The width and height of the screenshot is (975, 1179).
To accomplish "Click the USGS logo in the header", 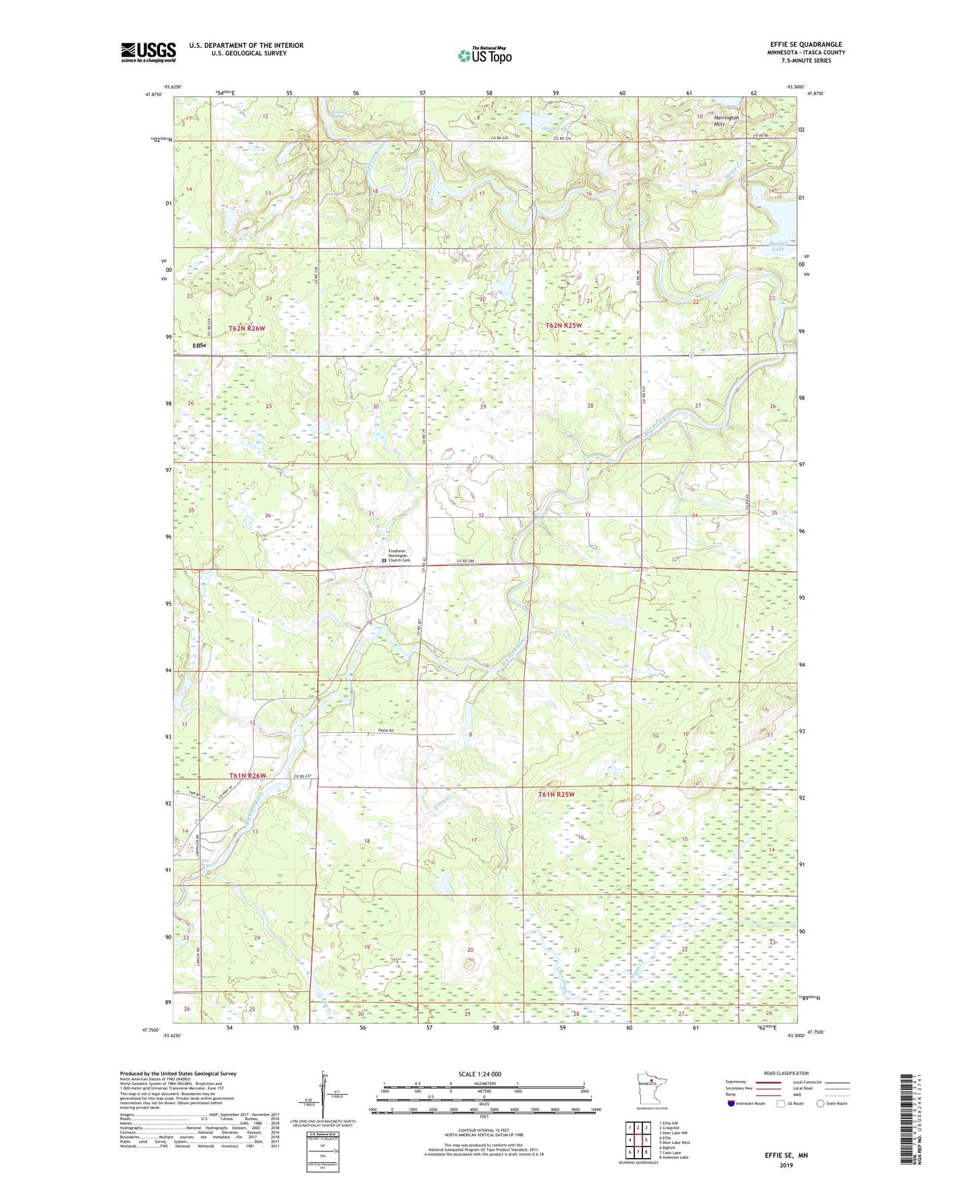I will (148, 52).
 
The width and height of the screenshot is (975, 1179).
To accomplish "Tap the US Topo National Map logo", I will (484, 55).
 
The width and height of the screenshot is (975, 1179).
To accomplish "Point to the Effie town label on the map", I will (199, 345).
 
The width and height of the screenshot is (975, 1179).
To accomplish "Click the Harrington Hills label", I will (727, 121).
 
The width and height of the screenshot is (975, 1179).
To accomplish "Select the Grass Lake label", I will (555, 128).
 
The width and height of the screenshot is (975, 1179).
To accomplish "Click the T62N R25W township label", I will (563, 325).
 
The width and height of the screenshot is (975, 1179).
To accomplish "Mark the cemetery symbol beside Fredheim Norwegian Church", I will (384, 560).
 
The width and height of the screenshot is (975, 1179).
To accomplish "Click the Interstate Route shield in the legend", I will (731, 1103).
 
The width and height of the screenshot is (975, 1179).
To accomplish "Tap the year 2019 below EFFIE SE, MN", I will (786, 1165).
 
